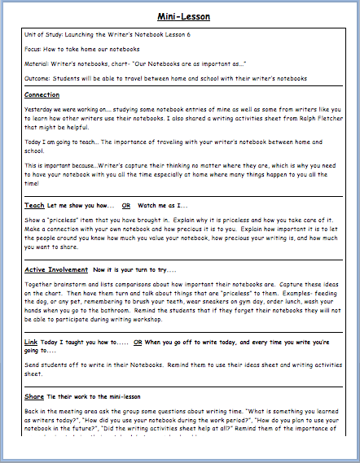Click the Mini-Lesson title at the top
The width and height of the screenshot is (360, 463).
point(180,15)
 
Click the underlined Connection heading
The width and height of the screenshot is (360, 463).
point(42,95)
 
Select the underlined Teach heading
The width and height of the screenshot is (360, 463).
point(34,206)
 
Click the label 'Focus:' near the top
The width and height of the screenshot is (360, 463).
point(35,49)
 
